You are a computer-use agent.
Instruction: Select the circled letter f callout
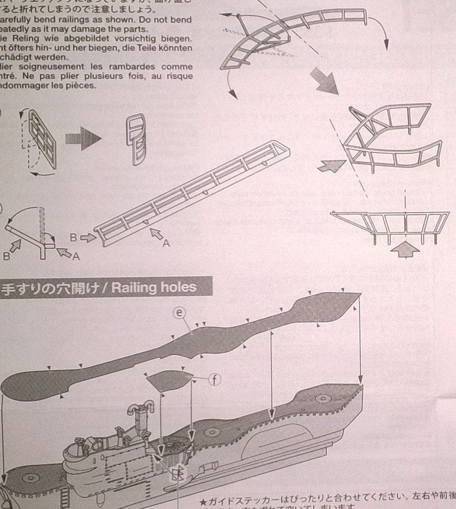click(214, 380)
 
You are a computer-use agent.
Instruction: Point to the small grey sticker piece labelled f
click(168, 380)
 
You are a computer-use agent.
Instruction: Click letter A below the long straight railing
click(166, 243)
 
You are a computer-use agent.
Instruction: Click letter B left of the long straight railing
click(74, 237)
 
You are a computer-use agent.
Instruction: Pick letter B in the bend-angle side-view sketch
click(7, 255)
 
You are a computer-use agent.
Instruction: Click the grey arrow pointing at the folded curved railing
click(331, 166)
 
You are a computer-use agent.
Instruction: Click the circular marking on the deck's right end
click(321, 398)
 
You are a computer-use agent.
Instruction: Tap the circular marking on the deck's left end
click(30, 477)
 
